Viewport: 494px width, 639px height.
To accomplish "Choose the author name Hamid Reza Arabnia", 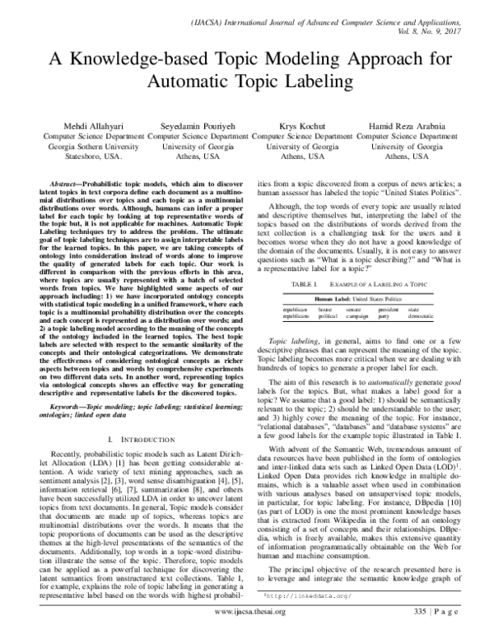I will coord(406,124).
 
